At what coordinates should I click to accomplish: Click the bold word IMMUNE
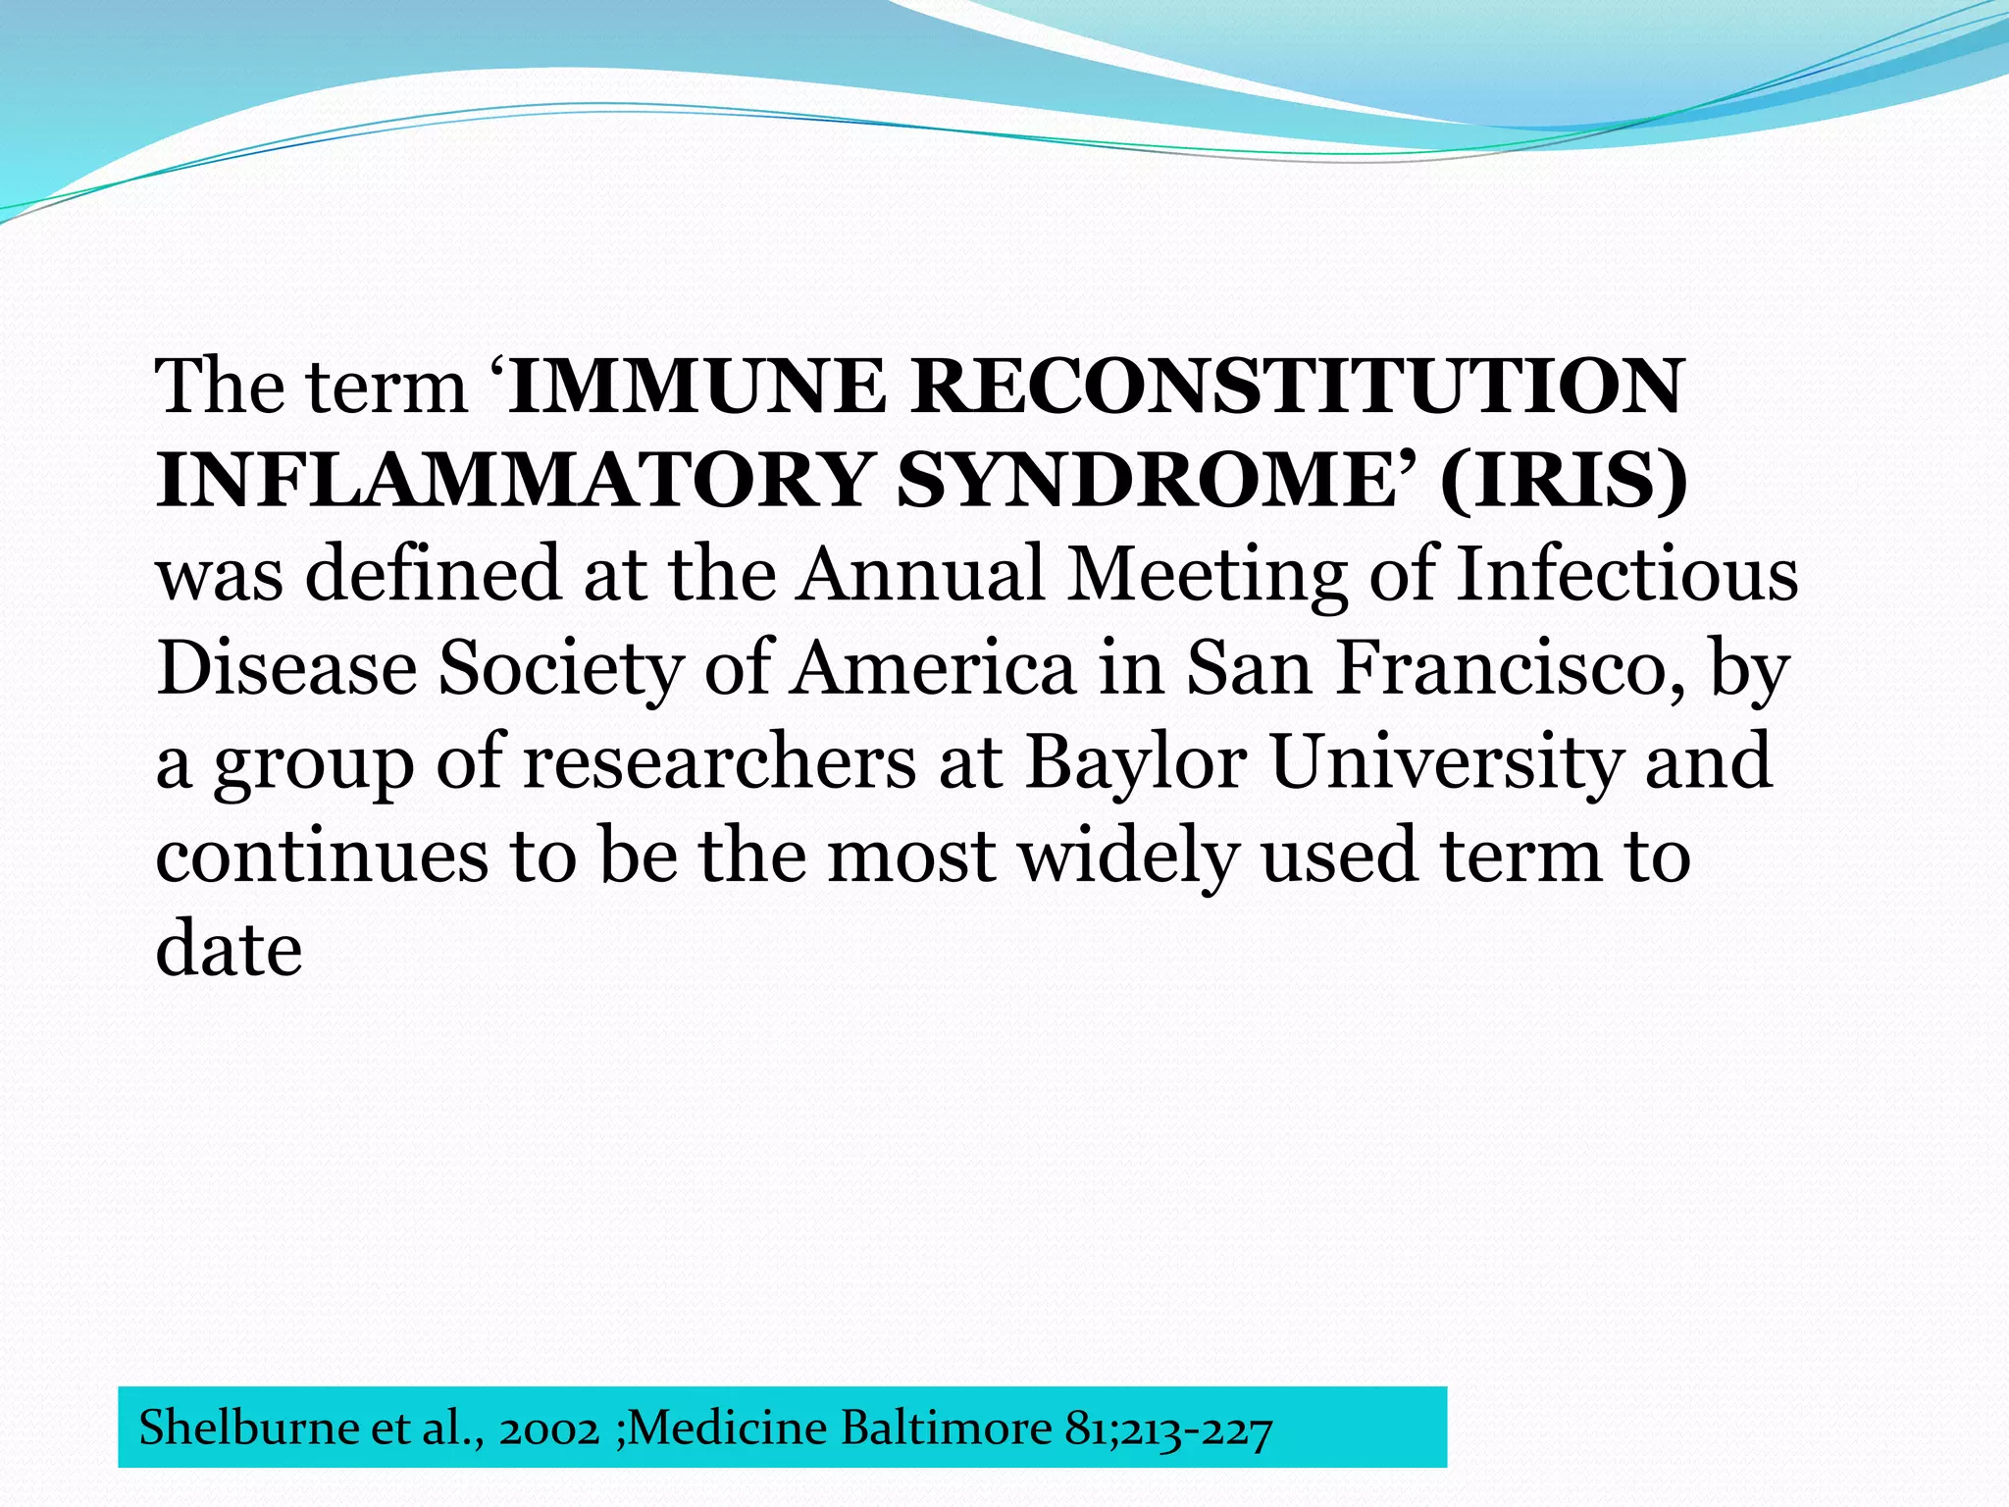[x=697, y=387]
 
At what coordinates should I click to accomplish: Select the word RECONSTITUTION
[x=1297, y=387]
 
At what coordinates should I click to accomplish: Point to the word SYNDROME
[x=1148, y=481]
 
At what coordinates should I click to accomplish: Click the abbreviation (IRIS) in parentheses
[x=1564, y=481]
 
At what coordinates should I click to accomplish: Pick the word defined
[x=433, y=574]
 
